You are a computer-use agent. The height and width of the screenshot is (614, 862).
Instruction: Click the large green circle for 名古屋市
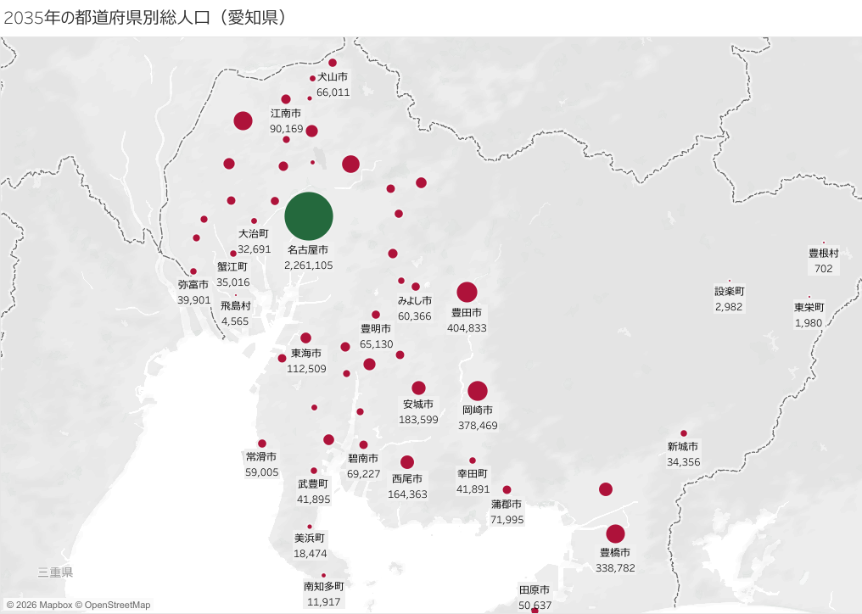[x=309, y=216]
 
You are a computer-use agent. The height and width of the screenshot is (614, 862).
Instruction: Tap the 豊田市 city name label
[x=467, y=313]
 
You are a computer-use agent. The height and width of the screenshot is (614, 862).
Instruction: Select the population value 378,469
[x=479, y=426]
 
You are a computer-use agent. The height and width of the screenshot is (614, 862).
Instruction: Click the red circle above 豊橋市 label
[x=615, y=534]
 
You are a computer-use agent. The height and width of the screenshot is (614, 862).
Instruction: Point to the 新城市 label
[x=683, y=447]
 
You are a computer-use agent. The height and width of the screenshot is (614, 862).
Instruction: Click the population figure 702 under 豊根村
[x=823, y=268]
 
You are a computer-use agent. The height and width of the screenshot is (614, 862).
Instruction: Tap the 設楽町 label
[x=729, y=291]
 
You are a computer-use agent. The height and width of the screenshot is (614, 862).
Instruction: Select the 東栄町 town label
[x=809, y=308]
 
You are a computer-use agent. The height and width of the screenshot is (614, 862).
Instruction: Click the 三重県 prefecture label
[x=56, y=572]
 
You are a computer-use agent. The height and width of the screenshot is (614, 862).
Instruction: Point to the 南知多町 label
[x=323, y=587]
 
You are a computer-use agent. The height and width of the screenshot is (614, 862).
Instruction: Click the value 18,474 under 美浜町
[x=311, y=553]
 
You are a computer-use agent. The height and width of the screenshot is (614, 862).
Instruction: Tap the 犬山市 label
[x=333, y=77]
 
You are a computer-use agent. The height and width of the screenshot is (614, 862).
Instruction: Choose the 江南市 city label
[x=286, y=114]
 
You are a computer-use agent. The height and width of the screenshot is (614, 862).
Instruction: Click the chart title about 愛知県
[x=144, y=18]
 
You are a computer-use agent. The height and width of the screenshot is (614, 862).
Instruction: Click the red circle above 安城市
[x=418, y=388]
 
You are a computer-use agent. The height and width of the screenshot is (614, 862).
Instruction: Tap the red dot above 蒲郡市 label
[x=507, y=489]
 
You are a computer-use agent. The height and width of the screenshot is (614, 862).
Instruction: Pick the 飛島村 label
[x=236, y=306]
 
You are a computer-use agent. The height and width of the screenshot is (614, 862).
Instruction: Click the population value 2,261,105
[x=309, y=265]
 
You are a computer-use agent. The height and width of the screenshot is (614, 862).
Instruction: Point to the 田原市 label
[x=535, y=590]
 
